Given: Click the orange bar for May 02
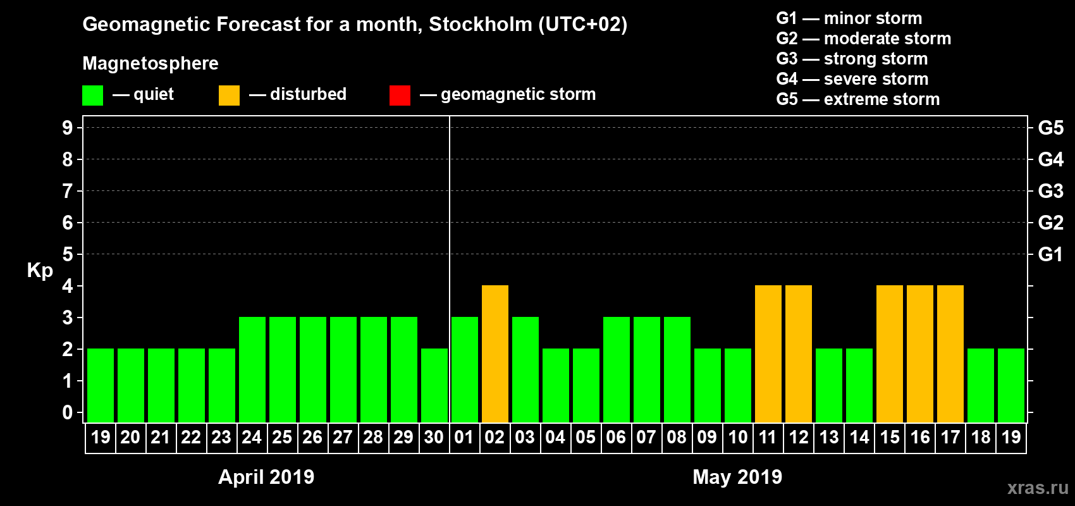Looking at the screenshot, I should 495,354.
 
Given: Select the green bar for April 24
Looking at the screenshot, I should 252,369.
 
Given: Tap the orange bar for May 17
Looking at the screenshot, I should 950,354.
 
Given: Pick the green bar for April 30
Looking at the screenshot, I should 434,385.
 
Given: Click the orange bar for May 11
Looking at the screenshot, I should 768,354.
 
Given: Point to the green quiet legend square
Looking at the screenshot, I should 93,96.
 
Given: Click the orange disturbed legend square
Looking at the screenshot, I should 229,96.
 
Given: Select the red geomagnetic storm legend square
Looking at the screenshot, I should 400,96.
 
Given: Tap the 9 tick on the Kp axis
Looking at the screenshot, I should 68,128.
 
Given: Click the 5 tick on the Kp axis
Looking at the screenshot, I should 68,254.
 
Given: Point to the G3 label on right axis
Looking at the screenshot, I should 1050,191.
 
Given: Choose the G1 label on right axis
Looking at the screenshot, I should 1050,254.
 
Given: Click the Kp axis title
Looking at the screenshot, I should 40,271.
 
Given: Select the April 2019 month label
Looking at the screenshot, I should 266,477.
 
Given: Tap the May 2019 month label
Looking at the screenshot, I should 737,477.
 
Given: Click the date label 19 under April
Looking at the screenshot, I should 101,437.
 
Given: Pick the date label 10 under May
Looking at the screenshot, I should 738,437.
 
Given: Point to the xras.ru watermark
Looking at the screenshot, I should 1037,488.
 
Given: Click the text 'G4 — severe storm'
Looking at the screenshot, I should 852,79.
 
